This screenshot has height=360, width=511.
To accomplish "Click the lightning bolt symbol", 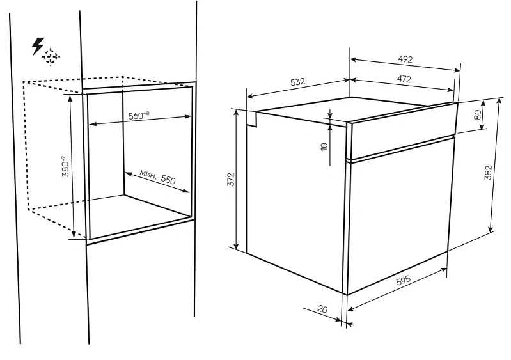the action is [x=37, y=46].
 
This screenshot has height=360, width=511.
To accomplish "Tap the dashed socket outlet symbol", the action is [x=51, y=57].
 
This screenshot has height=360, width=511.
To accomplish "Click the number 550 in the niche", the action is [x=168, y=179].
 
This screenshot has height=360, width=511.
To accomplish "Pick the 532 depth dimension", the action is [x=297, y=81].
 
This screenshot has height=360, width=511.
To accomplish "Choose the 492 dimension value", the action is [x=405, y=59].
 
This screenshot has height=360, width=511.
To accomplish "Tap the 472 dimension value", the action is [x=404, y=79].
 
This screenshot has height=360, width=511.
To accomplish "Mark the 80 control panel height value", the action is [x=478, y=114].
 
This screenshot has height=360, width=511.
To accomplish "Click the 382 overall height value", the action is [x=488, y=173].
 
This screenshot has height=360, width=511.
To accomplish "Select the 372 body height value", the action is [x=231, y=180].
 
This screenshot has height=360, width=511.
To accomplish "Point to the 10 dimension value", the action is [x=324, y=146].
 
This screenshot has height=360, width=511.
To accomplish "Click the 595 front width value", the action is [x=403, y=281].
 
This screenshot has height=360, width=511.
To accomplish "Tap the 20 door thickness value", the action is [x=322, y=308].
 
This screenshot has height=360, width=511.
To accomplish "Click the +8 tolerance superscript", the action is [x=146, y=113].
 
